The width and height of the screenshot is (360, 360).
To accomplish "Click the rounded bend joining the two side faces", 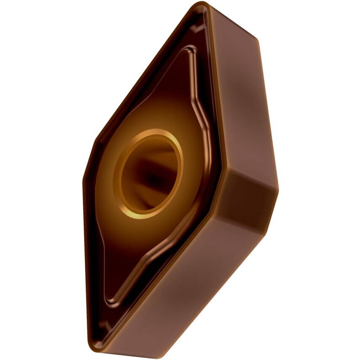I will tap(253, 194).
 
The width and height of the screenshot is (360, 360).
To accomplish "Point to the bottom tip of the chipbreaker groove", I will tap(110, 301).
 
